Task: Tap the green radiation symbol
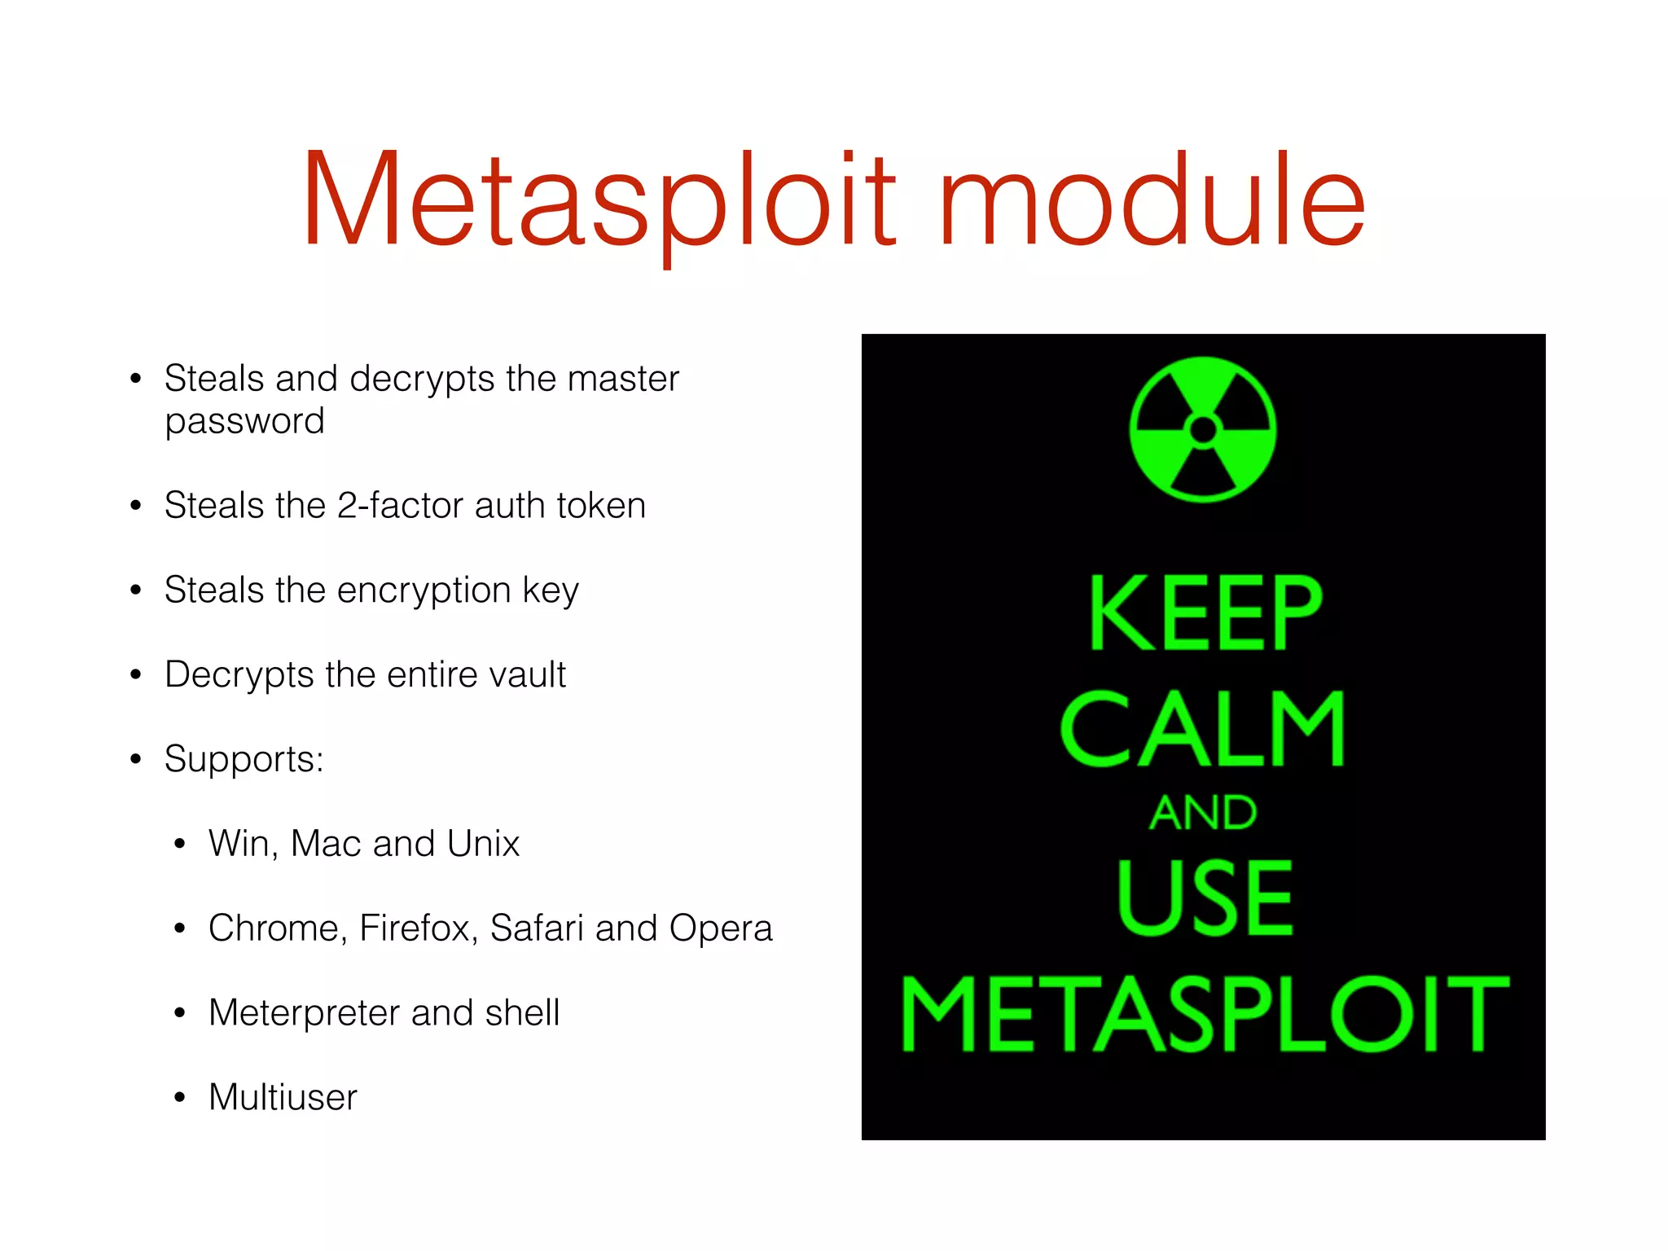pos(1203,429)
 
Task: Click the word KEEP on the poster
pos(1205,612)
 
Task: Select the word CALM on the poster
pos(1203,729)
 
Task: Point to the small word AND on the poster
pos(1203,813)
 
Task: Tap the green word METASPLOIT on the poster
pos(1205,1014)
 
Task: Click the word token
pos(601,505)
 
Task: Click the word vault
pos(526,674)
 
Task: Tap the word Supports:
pos(244,760)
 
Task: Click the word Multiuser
pos(283,1097)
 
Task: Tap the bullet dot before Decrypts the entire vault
pos(136,675)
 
